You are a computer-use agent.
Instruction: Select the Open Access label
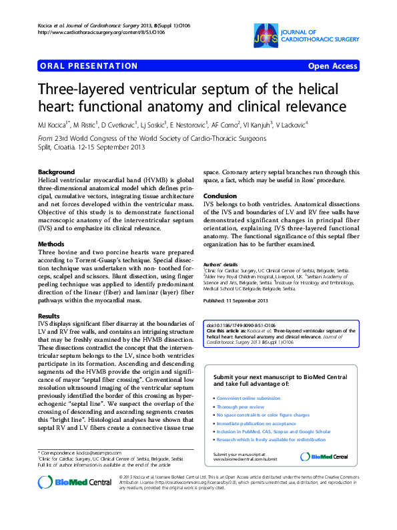[332, 66]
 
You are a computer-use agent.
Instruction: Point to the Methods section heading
[51, 244]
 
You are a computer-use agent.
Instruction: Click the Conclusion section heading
[220, 196]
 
